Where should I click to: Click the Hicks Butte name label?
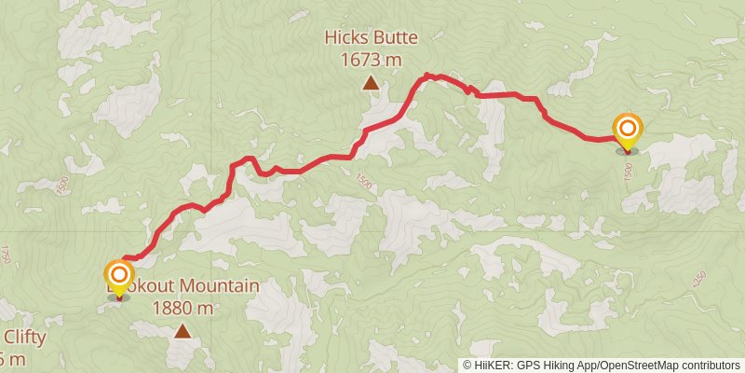371,38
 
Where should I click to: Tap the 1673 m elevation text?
371,60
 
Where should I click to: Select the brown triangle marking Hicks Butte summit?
371,84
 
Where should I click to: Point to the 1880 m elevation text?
183,308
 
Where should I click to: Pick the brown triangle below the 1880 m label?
183,331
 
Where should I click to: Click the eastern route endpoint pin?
627,131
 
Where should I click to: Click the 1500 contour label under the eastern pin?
628,172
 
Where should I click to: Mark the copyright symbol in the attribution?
467,366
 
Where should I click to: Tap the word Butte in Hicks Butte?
395,38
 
